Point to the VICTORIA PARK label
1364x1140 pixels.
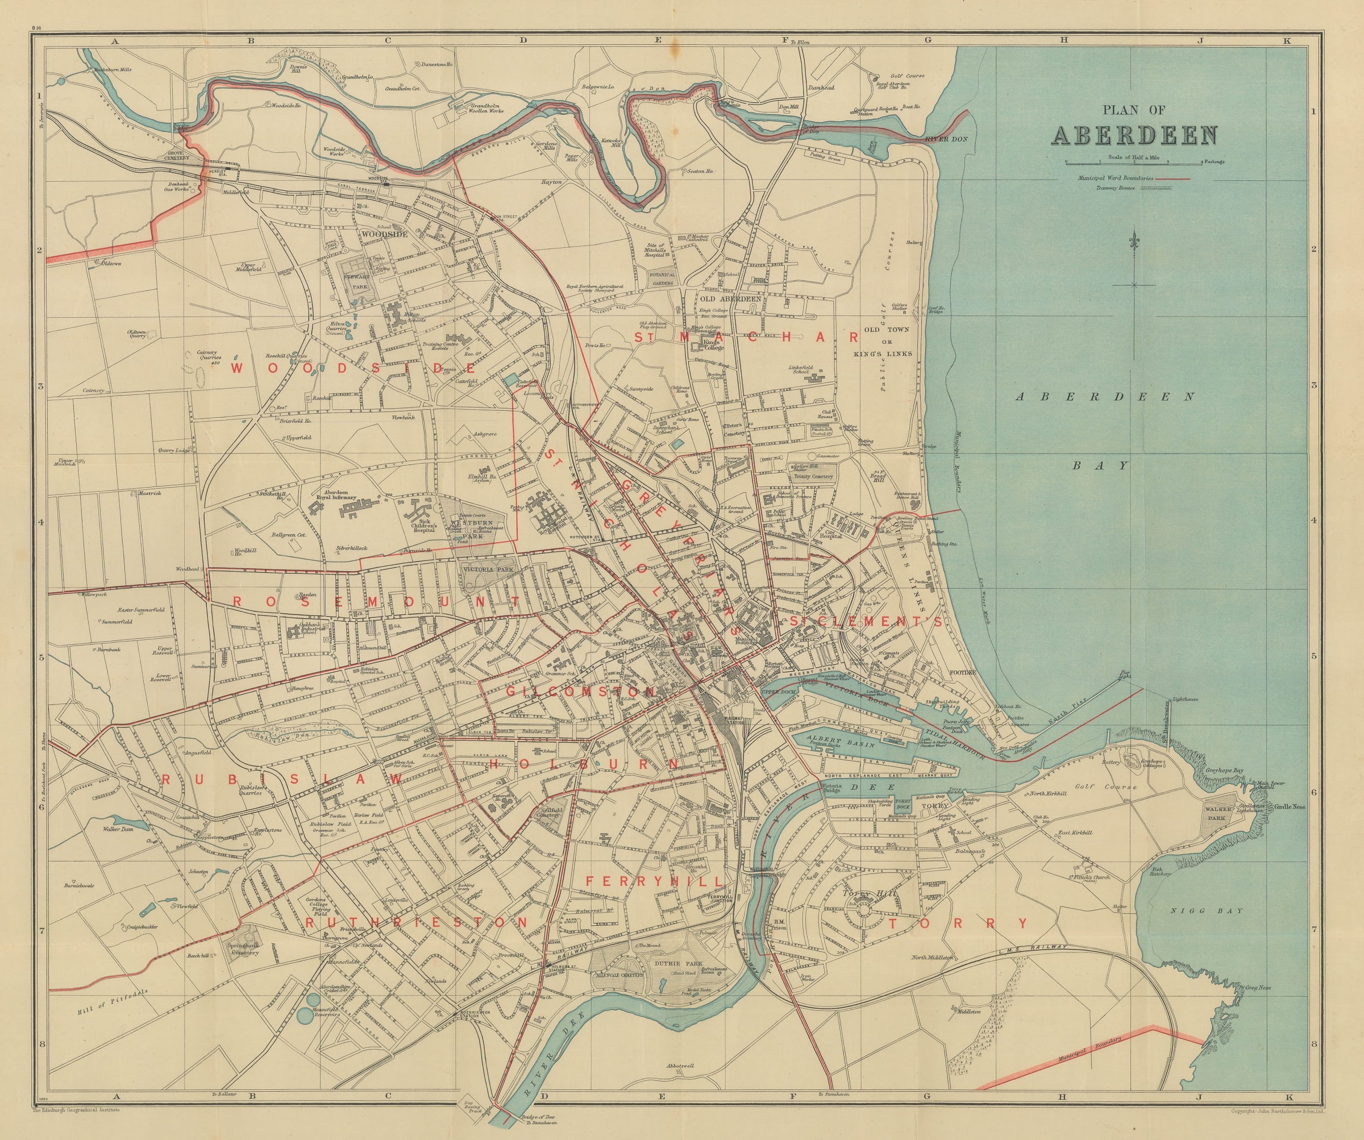488,569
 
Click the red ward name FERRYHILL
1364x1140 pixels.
654,881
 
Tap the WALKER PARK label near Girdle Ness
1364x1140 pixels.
1218,814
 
